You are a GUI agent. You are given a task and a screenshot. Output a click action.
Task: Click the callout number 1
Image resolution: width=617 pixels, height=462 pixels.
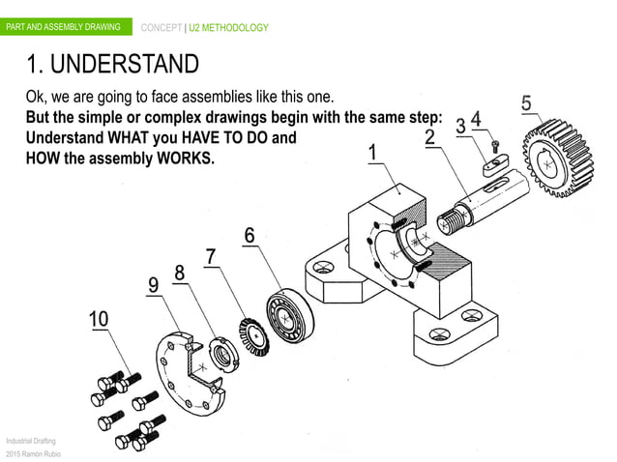pos(371,154)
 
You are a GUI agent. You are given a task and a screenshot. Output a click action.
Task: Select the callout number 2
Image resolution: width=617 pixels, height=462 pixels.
pos(428,136)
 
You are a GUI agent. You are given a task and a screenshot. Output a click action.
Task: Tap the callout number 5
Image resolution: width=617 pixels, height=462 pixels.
pos(527,101)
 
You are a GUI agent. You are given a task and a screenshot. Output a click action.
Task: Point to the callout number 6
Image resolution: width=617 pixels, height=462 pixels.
pos(249,235)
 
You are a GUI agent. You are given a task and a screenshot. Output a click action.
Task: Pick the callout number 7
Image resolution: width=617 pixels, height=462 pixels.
pos(210,255)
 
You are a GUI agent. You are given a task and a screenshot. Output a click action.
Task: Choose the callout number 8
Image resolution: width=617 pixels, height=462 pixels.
pos(179,274)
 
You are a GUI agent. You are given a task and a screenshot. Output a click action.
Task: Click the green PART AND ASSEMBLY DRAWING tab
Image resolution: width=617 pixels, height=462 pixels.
pos(64,27)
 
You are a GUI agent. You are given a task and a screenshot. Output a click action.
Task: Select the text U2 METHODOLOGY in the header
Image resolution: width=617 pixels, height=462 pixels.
pos(229,27)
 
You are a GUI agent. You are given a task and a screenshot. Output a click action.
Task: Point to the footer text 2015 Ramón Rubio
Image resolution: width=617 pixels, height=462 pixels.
pos(33,453)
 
